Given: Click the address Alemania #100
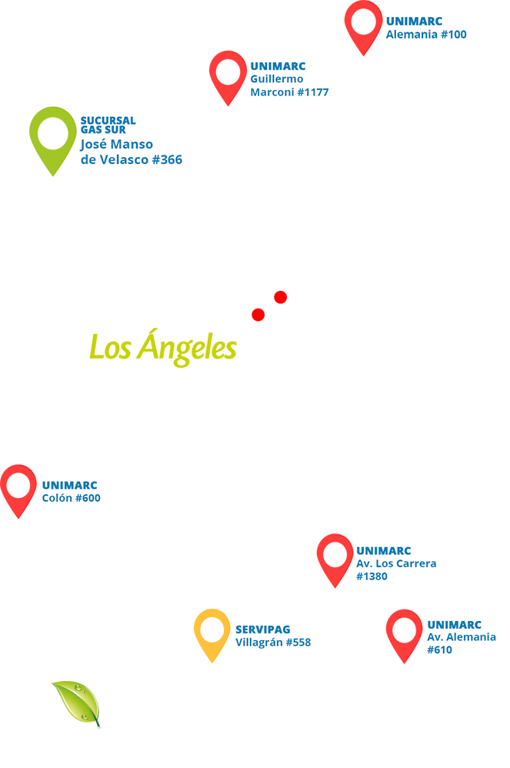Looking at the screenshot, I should click(425, 35).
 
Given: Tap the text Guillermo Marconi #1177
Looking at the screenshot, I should click(289, 85).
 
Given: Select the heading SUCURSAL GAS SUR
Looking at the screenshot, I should click(108, 125).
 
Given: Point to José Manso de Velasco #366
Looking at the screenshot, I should click(131, 152).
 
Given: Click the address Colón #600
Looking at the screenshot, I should click(71, 498).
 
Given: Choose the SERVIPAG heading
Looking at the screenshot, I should click(262, 629).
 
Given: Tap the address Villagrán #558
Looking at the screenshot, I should click(272, 642).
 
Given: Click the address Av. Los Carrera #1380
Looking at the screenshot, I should click(395, 569).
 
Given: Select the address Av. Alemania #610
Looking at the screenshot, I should click(461, 643).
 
